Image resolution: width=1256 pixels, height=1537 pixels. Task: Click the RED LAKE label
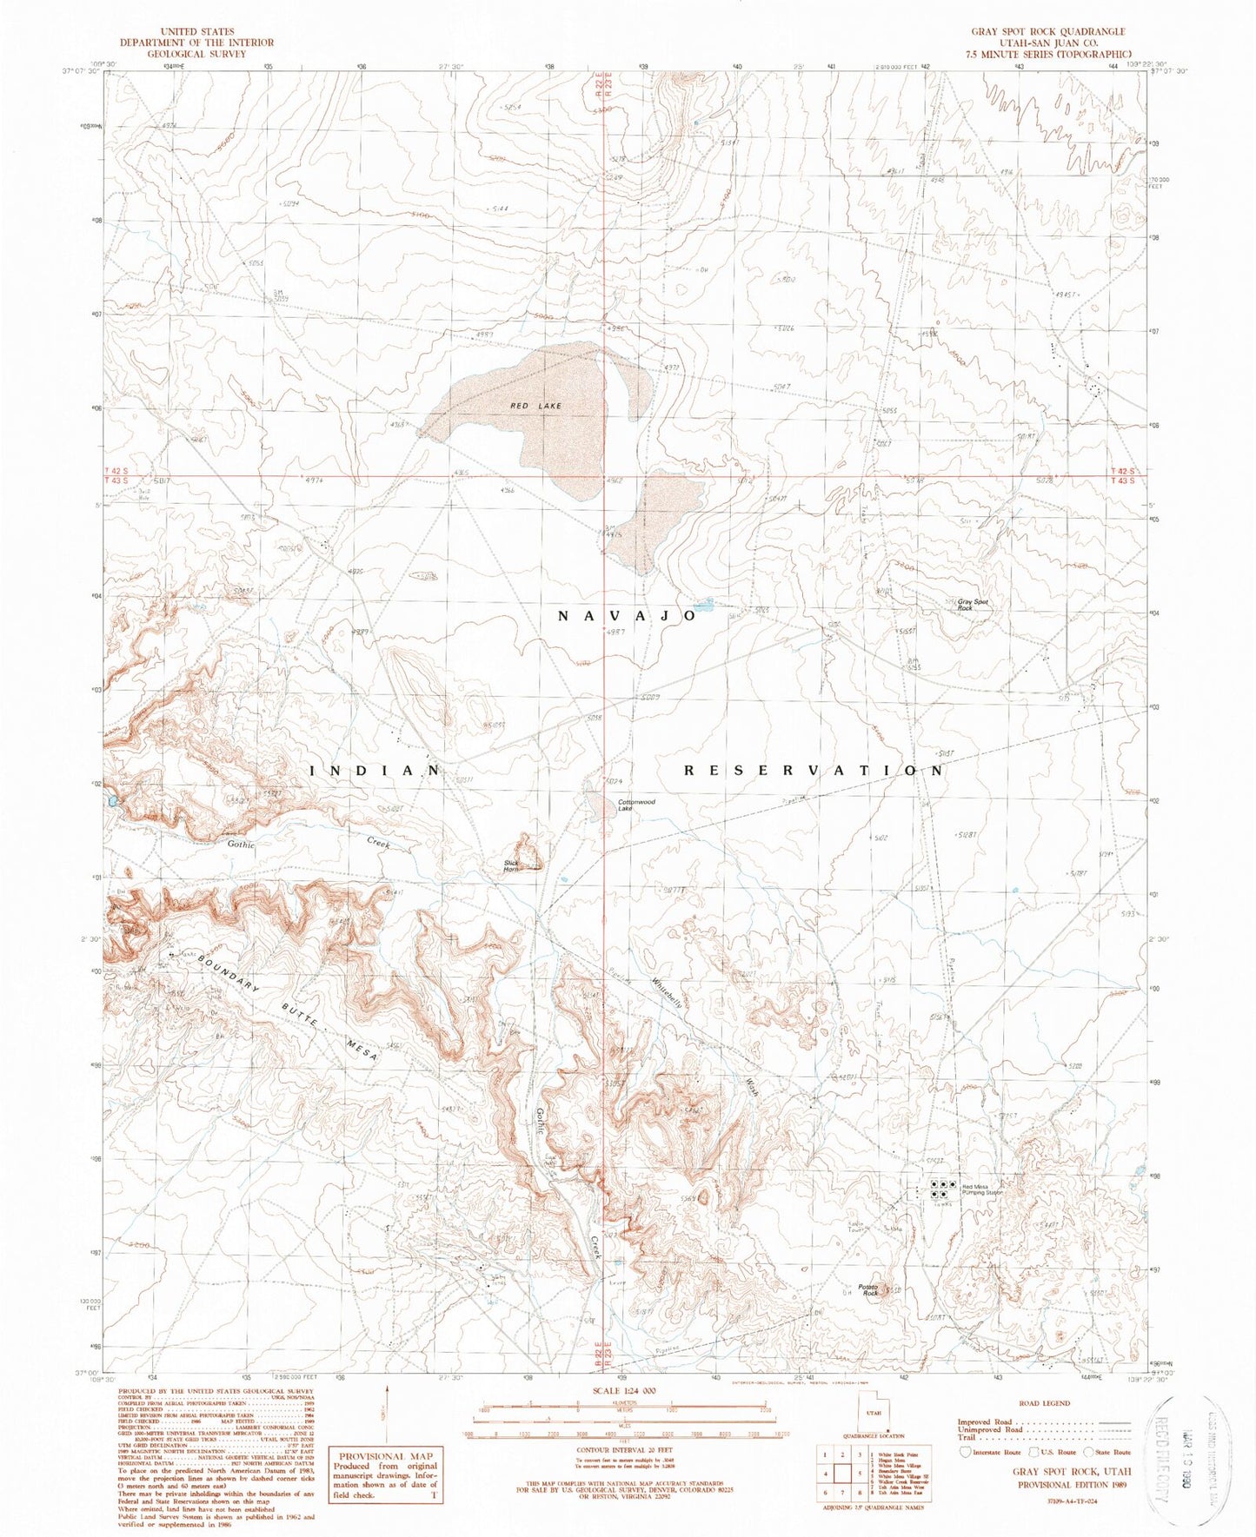click(x=536, y=406)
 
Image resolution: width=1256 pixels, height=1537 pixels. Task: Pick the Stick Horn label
click(x=512, y=865)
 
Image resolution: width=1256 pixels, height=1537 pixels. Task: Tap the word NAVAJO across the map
click(x=626, y=615)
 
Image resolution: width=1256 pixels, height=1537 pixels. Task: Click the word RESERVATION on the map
click(x=813, y=770)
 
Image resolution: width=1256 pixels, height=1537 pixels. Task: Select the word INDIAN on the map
click(x=375, y=770)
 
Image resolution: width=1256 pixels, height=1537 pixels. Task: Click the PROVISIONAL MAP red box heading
click(x=385, y=1456)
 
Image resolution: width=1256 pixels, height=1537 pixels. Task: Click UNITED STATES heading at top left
click(x=196, y=31)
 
